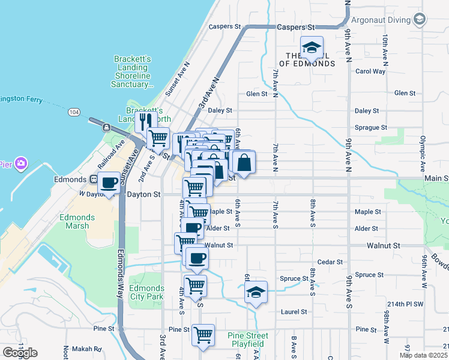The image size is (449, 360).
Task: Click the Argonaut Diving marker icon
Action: pos(419,20)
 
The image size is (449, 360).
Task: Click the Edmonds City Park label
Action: pos(146,292)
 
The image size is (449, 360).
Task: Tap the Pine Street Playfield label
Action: pos(248,340)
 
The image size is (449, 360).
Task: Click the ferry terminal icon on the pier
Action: pos(106,127)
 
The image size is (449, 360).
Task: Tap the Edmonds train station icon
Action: pos(94,179)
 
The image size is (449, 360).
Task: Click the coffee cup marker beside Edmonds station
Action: pos(109,182)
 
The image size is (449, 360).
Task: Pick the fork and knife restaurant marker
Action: pos(145,122)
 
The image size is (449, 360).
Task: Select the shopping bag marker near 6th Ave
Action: pos(244,162)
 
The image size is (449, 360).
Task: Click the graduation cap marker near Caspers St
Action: pos(312,47)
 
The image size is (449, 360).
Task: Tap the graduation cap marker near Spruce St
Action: pos(256,293)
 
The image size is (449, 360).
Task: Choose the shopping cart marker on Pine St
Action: pos(203,334)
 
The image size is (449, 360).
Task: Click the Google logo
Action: pos(20,352)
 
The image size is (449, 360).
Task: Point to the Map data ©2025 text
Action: pos(423,355)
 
